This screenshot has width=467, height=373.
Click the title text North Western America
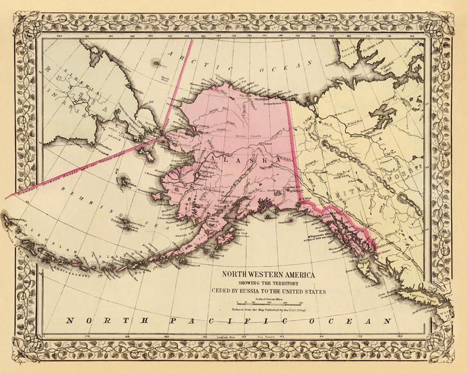click(x=268, y=275)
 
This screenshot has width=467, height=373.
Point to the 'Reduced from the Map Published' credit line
click(x=269, y=310)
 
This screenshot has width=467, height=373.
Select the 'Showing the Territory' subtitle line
click(x=269, y=283)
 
